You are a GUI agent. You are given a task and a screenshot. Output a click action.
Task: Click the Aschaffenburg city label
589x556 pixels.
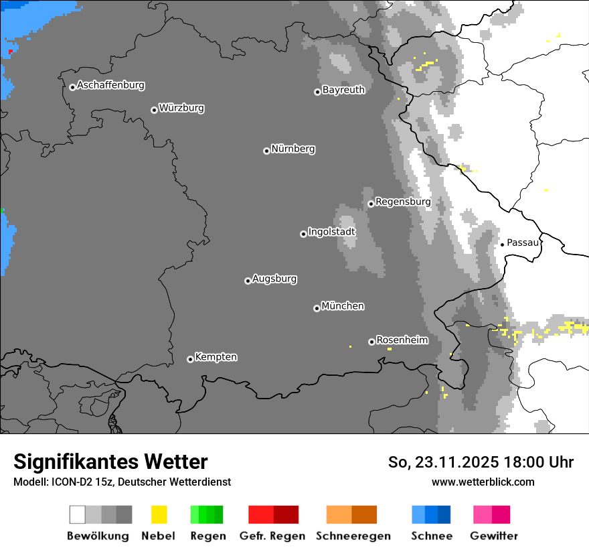tap(110, 86)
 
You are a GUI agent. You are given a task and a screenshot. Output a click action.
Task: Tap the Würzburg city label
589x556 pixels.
tap(181, 108)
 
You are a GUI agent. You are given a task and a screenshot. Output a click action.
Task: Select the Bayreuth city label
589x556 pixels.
tap(343, 90)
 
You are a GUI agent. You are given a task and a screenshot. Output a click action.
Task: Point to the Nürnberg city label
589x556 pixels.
tap(293, 149)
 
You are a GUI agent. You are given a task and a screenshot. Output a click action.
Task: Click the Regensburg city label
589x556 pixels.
tap(403, 202)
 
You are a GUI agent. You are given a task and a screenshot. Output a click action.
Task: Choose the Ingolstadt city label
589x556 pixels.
tap(331, 232)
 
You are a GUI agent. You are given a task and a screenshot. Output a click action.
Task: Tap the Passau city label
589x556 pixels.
tap(523, 242)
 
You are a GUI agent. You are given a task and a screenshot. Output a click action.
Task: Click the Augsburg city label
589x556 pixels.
tap(274, 279)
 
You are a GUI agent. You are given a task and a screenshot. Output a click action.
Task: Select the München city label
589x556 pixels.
tap(343, 306)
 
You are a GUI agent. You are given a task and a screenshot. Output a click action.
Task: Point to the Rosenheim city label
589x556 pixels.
tap(402, 340)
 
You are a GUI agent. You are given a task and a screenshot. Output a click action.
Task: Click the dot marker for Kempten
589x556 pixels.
tap(190, 359)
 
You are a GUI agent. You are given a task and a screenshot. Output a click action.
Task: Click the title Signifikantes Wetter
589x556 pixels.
tap(110, 462)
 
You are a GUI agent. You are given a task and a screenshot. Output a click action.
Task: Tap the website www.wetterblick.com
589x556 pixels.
tap(483, 482)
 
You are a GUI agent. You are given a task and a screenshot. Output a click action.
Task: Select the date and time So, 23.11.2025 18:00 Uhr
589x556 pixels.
tap(481, 462)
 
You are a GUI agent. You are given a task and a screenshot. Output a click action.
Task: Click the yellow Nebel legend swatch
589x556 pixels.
tap(159, 514)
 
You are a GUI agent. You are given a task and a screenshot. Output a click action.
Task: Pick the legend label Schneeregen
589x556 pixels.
tap(353, 536)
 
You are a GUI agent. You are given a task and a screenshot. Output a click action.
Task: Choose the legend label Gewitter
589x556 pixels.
tap(494, 536)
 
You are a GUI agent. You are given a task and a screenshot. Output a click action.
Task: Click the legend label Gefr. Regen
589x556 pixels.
tap(272, 536)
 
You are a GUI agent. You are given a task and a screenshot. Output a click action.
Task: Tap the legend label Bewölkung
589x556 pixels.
tap(98, 536)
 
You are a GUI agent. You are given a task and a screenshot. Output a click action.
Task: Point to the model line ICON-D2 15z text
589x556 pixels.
tap(122, 482)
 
